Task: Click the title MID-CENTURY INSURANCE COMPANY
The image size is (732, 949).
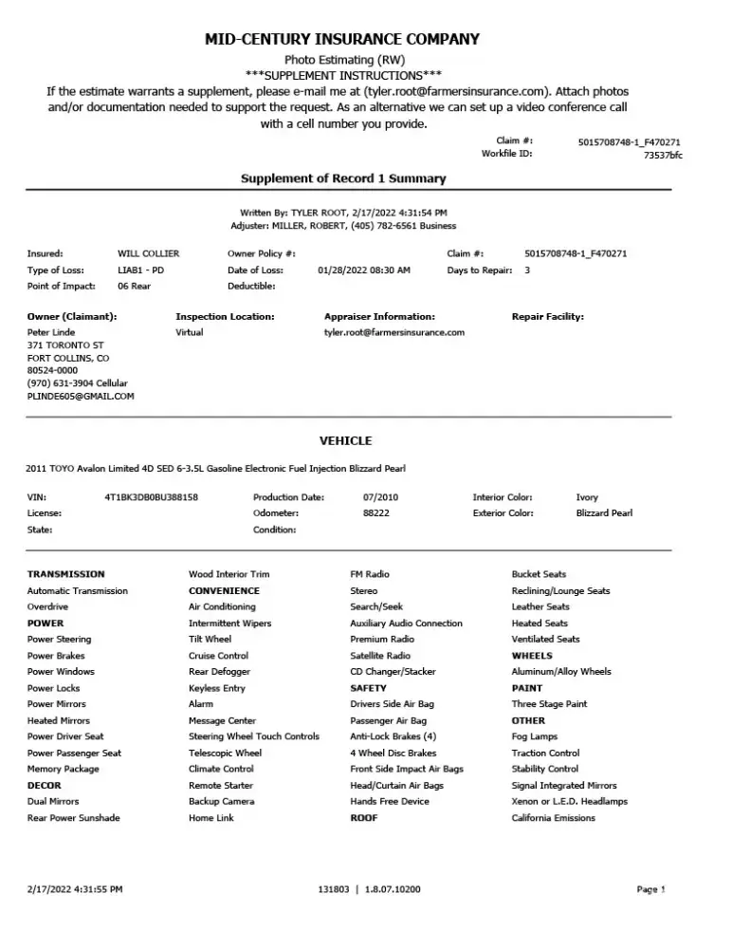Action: (x=342, y=39)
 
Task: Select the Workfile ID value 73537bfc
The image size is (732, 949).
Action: (x=662, y=154)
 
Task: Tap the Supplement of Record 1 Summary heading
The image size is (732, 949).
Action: (x=342, y=178)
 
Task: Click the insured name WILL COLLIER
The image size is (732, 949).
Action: (x=148, y=253)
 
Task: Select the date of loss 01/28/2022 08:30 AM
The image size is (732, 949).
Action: (x=364, y=270)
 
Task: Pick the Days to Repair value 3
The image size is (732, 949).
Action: (x=527, y=270)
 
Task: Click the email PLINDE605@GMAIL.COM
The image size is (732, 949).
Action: (x=81, y=396)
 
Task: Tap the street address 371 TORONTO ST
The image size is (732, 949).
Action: (x=64, y=345)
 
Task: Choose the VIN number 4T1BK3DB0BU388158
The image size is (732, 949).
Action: (x=151, y=497)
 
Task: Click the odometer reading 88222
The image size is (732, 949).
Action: (x=375, y=513)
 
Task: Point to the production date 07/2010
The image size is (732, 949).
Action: (x=380, y=497)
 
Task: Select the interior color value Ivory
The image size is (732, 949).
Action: (x=587, y=497)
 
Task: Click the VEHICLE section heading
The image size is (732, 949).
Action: (x=345, y=440)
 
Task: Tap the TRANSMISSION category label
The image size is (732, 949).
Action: (x=65, y=574)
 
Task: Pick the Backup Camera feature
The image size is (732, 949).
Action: (x=221, y=801)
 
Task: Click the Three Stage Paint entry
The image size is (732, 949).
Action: (x=549, y=704)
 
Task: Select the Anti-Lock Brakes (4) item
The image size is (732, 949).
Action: (x=393, y=736)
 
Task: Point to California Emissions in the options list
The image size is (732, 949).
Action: (x=553, y=818)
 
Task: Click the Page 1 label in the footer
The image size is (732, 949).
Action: (x=650, y=889)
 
